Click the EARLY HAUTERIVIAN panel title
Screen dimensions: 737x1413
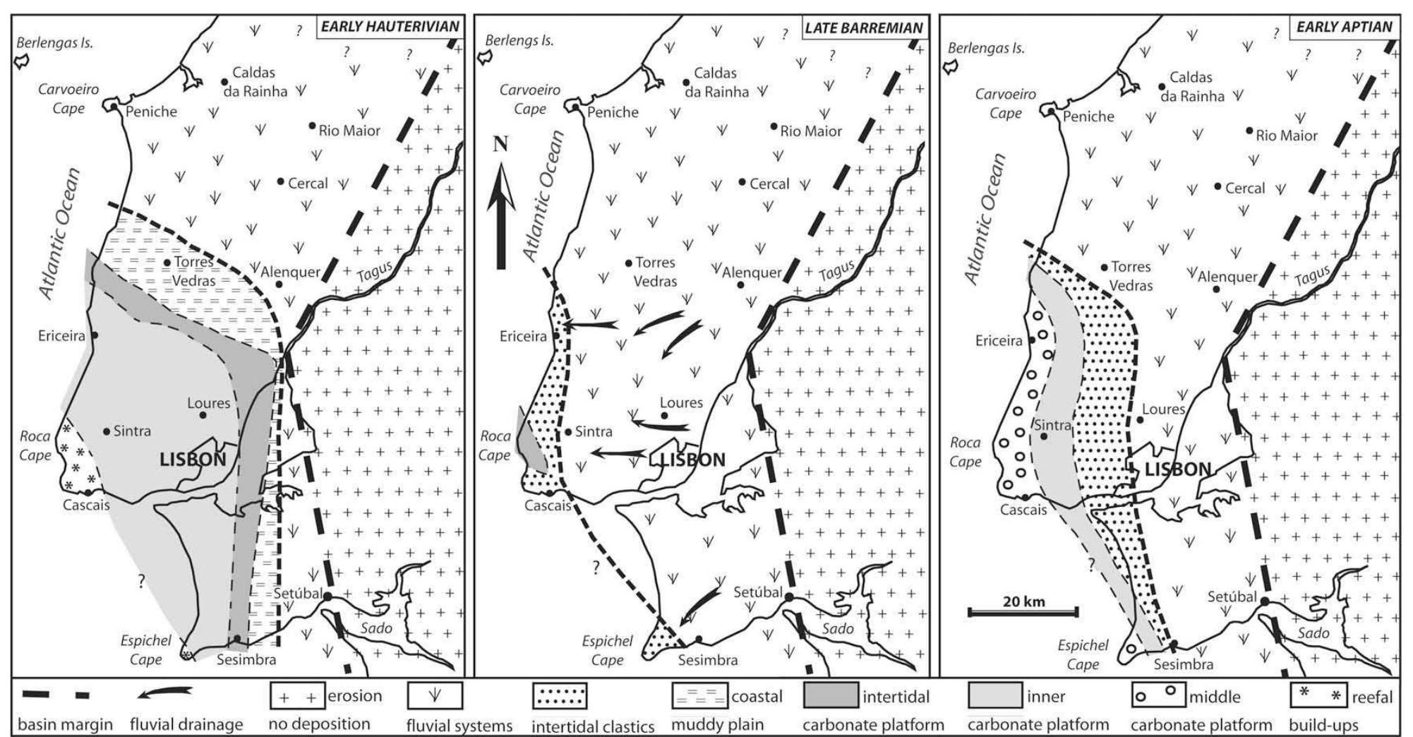coord(390,27)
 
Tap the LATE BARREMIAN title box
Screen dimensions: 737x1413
coord(863,28)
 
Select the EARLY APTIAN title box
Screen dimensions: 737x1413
coord(1344,27)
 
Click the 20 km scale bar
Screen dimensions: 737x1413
coord(1023,611)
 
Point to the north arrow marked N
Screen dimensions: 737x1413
coord(500,205)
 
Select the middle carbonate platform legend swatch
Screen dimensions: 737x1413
coord(1158,695)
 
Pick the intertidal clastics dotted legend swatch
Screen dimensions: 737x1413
coord(559,695)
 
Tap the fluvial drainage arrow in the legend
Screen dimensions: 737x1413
coord(164,695)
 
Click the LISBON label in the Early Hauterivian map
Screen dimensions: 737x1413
coord(193,460)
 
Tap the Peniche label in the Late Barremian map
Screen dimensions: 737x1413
coord(613,112)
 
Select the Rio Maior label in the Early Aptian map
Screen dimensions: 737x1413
coord(1286,136)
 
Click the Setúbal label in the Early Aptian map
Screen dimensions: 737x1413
coord(1232,597)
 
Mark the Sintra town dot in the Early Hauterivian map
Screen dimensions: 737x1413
coord(106,431)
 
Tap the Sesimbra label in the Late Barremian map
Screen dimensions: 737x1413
coord(707,660)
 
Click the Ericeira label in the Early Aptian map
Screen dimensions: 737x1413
coord(999,341)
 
